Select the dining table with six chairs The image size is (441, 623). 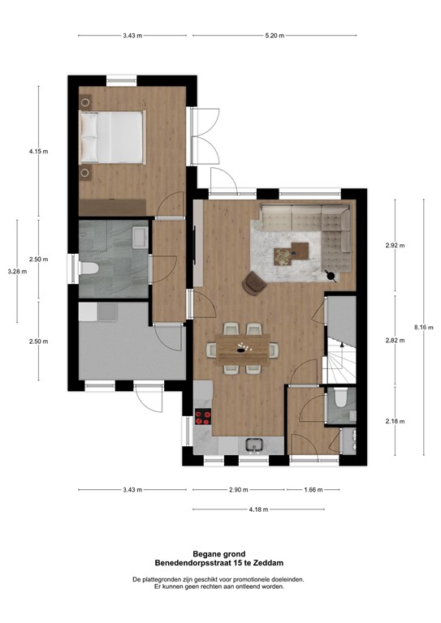(x=243, y=349)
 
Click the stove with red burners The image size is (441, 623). (x=205, y=419)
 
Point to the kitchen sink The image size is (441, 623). (x=254, y=445)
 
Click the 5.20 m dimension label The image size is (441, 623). (x=275, y=36)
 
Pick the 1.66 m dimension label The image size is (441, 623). (x=313, y=490)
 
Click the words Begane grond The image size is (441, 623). (x=219, y=553)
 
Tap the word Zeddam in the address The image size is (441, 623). (x=266, y=562)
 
